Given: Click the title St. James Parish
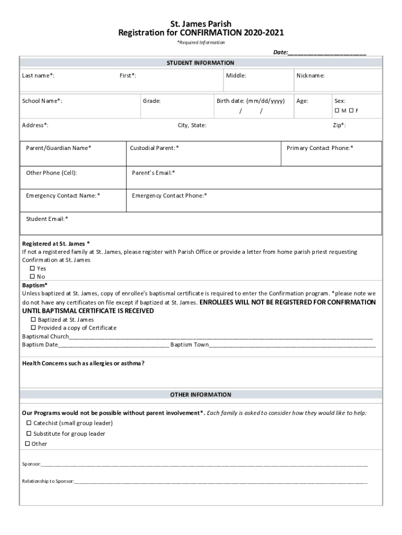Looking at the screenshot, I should tap(201, 24).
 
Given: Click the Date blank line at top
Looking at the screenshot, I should tap(327, 53).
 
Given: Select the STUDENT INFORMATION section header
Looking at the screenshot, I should tap(200, 63).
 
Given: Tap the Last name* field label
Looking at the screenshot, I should tap(38, 76).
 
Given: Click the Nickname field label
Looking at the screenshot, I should tap(311, 76).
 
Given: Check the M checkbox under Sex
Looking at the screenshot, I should tap(337, 111).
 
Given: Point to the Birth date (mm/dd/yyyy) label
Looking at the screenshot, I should tap(251, 101).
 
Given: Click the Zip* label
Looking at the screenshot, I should tap(339, 125).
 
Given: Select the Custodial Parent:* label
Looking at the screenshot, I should tap(155, 148).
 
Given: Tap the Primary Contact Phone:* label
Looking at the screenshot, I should tap(320, 148).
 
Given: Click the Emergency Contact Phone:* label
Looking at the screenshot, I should tap(170, 196).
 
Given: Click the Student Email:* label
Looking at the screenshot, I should tap(47, 219).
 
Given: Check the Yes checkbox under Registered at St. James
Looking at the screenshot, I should tap(32, 269).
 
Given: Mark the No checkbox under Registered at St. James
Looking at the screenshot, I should tap(32, 277).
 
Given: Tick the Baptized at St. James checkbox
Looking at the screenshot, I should tap(33, 319).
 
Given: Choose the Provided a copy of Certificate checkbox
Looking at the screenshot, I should tap(33, 328).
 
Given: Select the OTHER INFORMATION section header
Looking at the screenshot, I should tap(200, 394).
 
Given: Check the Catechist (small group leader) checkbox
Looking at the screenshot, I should tap(29, 423).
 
